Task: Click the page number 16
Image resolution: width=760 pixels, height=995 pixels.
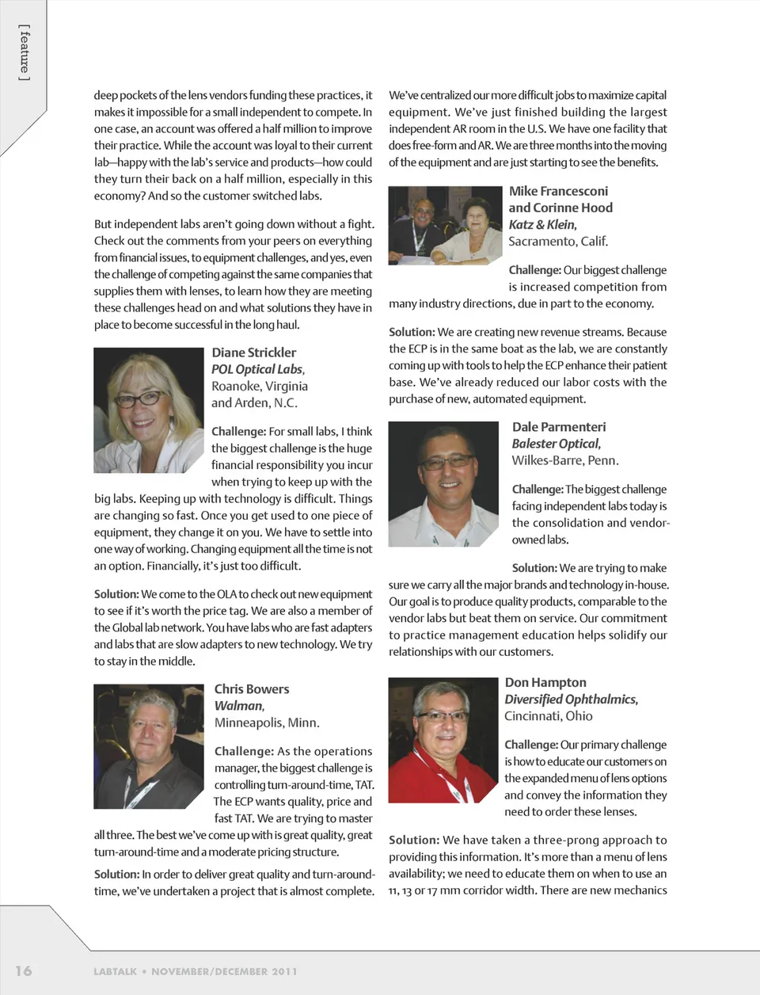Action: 24,970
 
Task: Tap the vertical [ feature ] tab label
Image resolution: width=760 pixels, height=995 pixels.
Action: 25,52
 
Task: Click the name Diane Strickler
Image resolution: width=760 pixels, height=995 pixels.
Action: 253,353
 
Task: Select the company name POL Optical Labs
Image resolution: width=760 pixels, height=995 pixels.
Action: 256,369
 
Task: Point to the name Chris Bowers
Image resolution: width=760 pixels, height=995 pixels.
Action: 252,689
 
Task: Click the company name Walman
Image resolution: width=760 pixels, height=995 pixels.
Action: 238,706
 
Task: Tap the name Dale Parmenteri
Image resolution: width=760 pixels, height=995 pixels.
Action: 558,427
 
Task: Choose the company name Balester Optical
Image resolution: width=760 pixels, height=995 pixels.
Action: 555,444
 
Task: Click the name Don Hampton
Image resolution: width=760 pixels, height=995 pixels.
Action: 545,682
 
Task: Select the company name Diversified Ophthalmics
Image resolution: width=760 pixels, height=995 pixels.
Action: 570,699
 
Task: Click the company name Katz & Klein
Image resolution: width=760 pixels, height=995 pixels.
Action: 542,224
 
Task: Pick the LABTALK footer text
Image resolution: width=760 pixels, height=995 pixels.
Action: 115,971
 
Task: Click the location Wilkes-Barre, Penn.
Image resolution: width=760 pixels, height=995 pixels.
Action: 564,460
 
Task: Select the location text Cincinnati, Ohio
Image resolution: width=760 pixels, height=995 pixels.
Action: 548,715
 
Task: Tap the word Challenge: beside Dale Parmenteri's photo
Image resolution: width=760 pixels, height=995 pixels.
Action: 537,490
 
